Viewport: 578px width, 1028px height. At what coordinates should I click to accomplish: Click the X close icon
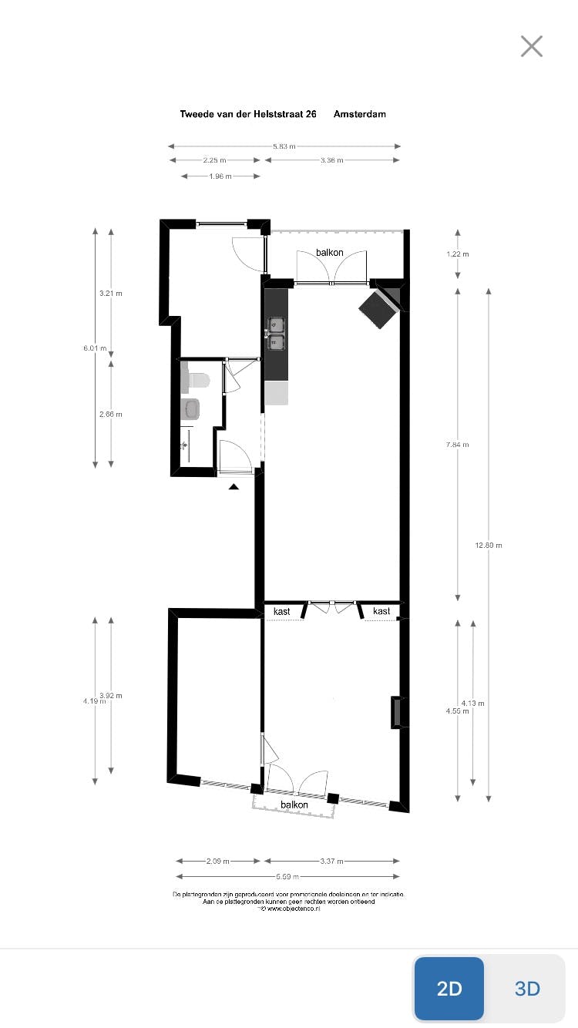click(532, 46)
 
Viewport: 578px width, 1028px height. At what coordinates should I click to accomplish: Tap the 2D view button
click(449, 989)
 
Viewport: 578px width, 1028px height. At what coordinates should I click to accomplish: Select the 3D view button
click(527, 989)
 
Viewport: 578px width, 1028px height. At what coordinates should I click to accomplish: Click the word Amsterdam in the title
click(360, 114)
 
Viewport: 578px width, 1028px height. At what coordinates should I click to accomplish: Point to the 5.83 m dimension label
click(284, 146)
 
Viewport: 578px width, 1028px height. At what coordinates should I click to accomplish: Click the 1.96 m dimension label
click(220, 176)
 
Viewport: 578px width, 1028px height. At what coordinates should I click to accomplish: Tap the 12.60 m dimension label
click(489, 546)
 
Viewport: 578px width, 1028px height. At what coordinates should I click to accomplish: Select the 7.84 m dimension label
click(458, 445)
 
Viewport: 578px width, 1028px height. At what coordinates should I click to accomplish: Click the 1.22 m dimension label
click(458, 254)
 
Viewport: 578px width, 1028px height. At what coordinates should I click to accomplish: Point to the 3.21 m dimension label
click(111, 294)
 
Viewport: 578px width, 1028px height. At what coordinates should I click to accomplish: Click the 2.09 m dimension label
click(218, 862)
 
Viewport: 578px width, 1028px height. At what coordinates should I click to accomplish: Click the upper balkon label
click(330, 253)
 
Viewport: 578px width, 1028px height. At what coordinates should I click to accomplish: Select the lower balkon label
click(294, 805)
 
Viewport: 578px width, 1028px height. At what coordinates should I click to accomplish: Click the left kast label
click(282, 611)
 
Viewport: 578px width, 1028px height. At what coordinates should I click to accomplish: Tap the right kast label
click(381, 611)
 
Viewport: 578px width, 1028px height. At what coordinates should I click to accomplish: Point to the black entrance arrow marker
click(234, 485)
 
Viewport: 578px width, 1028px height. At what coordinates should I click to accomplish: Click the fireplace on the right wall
click(397, 712)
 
